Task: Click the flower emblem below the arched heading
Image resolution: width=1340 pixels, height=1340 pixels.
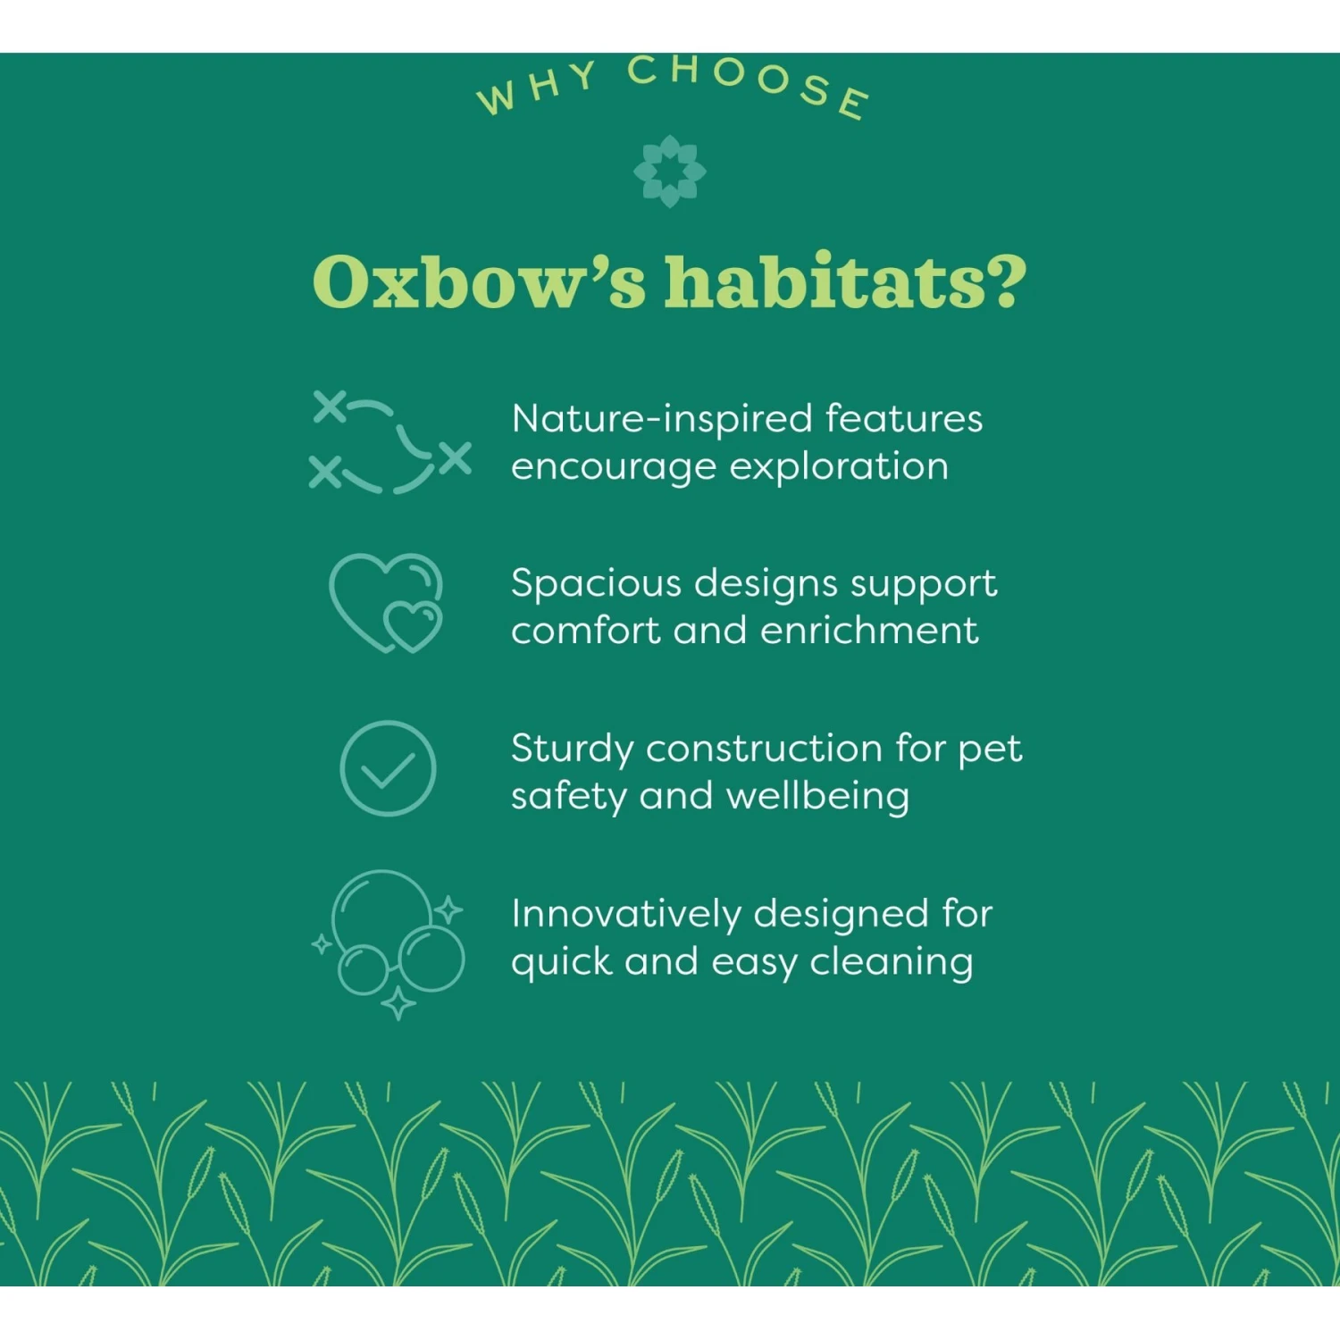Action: [x=669, y=172]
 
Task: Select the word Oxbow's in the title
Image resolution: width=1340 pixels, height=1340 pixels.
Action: [x=478, y=282]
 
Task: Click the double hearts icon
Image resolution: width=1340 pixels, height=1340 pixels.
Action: [x=386, y=603]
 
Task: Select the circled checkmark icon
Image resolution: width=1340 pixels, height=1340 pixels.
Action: [x=388, y=768]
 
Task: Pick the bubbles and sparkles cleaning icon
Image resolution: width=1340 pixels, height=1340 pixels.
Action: [x=390, y=942]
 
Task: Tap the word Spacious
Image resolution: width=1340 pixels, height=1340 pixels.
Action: [x=596, y=583]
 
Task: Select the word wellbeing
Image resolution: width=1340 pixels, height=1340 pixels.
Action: [x=817, y=797]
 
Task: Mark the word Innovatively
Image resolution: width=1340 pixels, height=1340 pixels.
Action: [x=626, y=914]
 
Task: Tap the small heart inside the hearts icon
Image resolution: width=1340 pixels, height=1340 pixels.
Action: [x=412, y=624]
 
